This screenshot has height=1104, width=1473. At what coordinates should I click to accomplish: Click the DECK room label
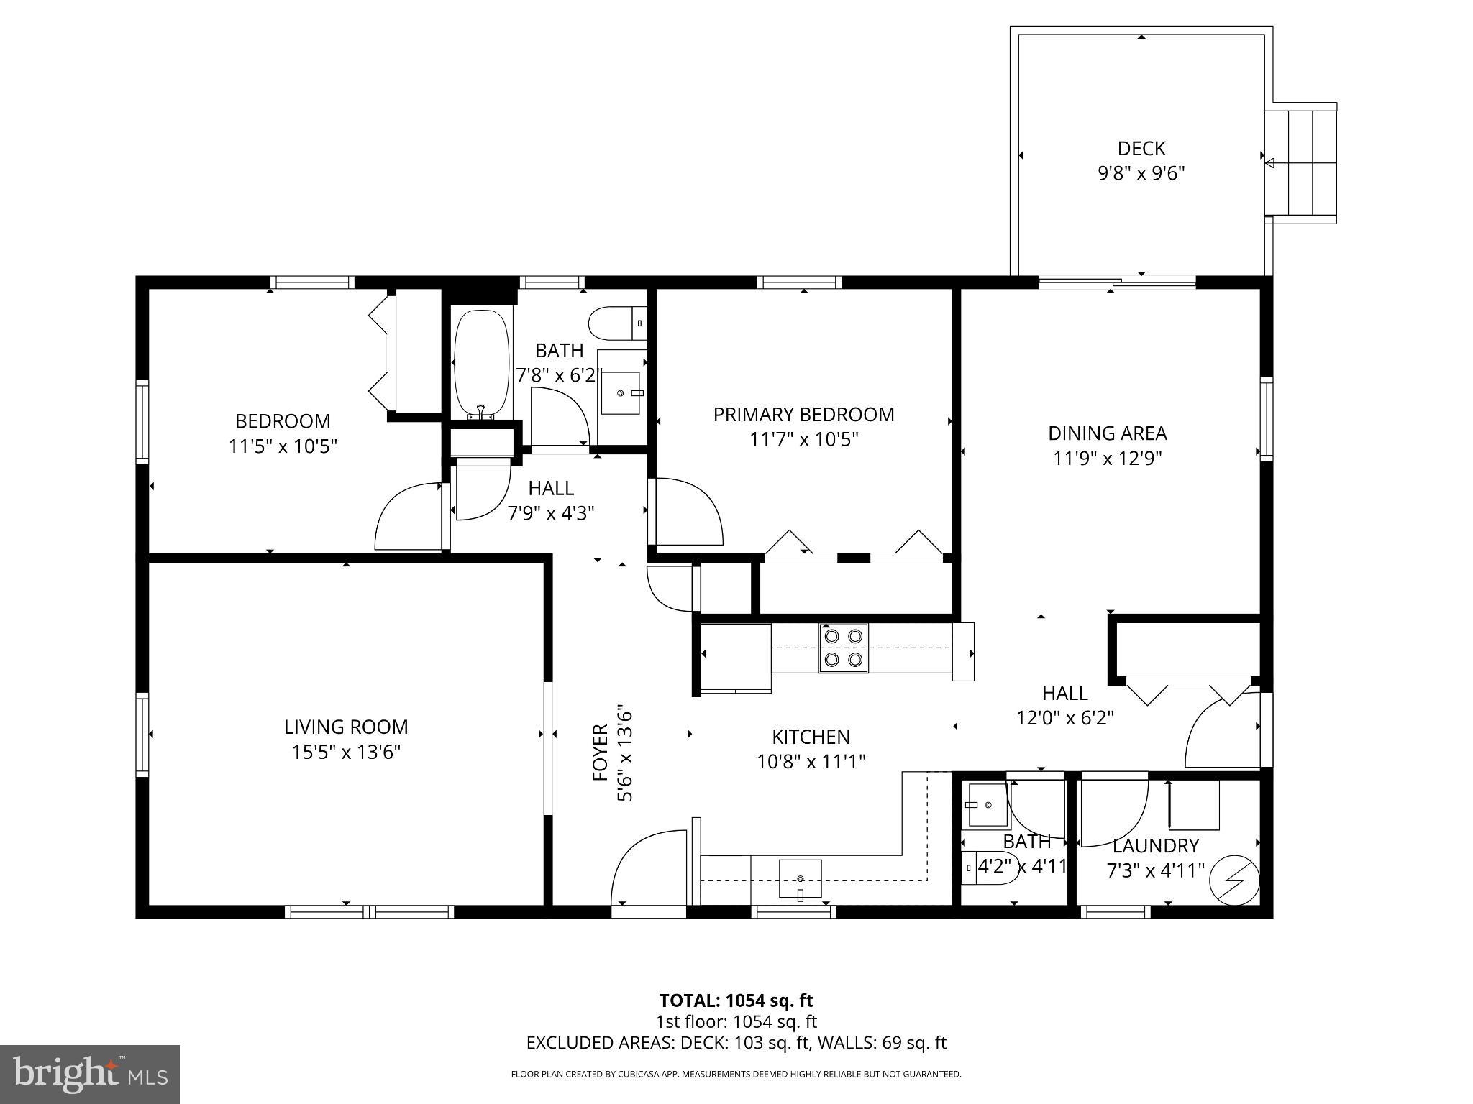[1141, 149]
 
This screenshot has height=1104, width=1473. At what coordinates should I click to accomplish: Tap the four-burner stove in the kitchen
[843, 648]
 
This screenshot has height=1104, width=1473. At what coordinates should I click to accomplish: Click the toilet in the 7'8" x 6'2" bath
[617, 323]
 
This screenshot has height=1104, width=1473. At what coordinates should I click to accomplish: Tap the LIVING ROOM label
[346, 727]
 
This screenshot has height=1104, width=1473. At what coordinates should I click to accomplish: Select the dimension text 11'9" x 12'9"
[1108, 458]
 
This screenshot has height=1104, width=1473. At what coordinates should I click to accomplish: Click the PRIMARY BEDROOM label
[804, 414]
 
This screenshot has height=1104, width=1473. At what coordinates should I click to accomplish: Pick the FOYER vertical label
[601, 753]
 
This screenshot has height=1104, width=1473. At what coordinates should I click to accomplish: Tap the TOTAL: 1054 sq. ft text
[736, 1000]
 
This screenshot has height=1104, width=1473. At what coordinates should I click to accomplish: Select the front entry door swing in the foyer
[647, 868]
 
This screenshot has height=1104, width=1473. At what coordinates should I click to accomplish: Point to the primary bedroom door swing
[687, 512]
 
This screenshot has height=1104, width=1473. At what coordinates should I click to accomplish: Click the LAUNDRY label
[1155, 845]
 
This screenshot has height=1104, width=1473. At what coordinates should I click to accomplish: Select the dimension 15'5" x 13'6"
[346, 752]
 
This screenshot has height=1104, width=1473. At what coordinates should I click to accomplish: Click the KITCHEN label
[811, 737]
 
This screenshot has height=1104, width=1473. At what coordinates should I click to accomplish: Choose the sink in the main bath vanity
[620, 393]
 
